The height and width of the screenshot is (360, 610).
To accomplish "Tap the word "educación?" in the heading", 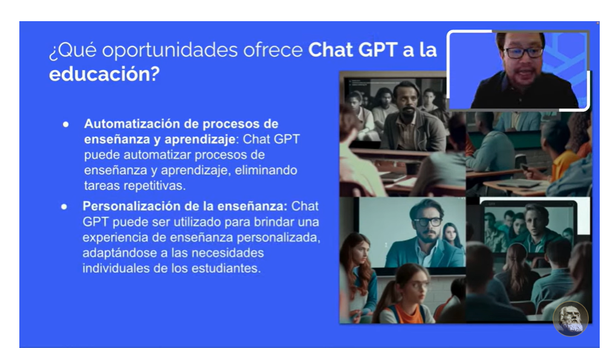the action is [x=104, y=74].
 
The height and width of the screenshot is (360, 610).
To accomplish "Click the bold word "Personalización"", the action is [x=134, y=206].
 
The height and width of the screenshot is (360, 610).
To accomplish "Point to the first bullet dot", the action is [x=66, y=125].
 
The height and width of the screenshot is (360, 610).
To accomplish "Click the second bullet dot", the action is [x=64, y=207].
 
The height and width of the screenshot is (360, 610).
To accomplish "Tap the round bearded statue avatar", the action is [x=571, y=318].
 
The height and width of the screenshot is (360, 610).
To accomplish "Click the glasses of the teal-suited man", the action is [x=428, y=221].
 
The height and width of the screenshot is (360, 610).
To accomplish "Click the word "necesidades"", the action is [x=227, y=253].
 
